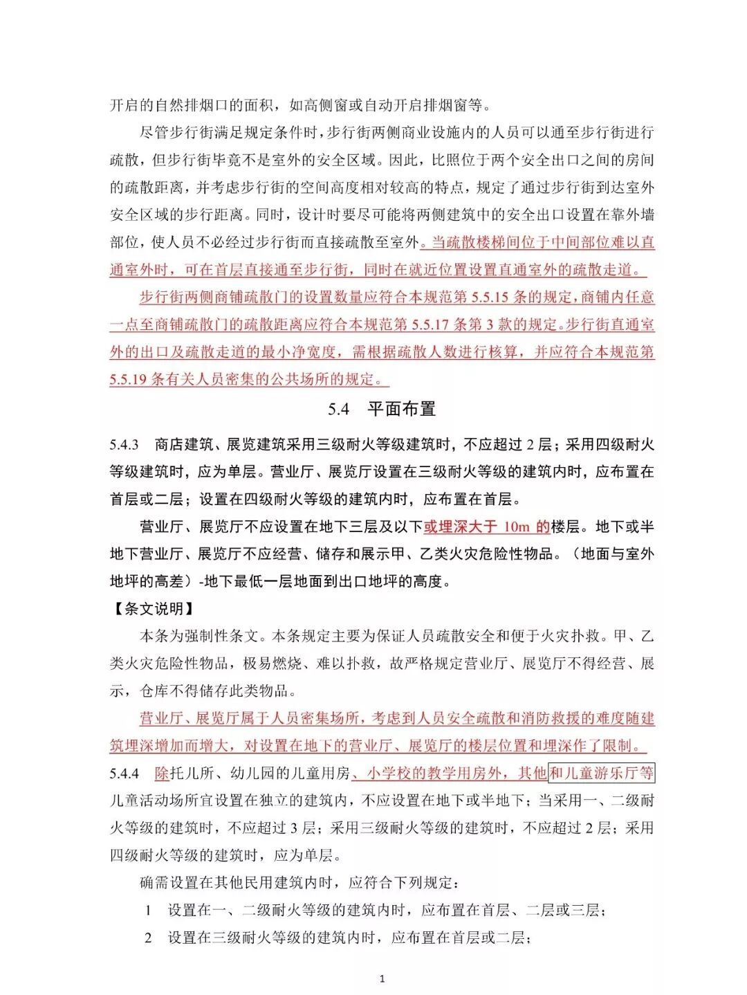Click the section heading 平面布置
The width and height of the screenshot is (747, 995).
click(x=401, y=409)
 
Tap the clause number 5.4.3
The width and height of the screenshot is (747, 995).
click(x=124, y=445)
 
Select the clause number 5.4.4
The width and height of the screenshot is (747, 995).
click(x=124, y=774)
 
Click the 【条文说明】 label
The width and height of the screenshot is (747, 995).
click(x=153, y=609)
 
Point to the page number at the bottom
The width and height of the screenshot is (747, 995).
click(x=382, y=978)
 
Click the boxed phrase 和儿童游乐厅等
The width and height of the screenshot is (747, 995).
click(x=601, y=774)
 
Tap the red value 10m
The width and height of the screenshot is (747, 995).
click(x=516, y=527)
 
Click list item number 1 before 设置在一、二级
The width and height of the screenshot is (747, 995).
click(x=148, y=911)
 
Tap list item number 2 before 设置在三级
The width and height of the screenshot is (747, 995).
click(x=148, y=938)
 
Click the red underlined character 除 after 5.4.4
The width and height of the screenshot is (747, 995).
click(x=162, y=774)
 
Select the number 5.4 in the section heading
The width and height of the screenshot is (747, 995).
click(x=338, y=410)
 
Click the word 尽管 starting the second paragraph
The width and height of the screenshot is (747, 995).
click(x=154, y=133)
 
